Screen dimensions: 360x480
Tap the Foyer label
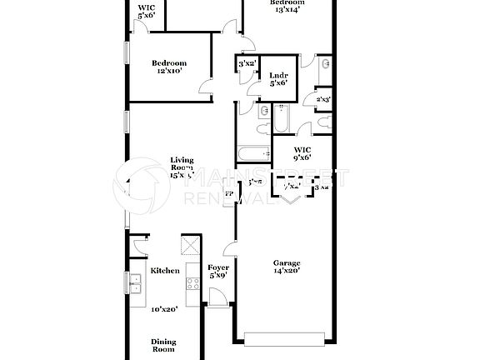(218, 266)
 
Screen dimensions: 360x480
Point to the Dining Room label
(163, 345)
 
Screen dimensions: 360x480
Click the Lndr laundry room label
(278, 76)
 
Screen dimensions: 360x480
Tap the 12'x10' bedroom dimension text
(168, 71)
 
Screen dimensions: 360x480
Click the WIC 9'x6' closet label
(302, 152)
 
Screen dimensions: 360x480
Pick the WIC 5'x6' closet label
(146, 11)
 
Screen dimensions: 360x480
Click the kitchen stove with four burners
(192, 283)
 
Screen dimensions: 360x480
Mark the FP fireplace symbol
(229, 193)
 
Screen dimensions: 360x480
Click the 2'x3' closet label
(323, 100)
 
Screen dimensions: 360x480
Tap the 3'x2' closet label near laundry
(247, 64)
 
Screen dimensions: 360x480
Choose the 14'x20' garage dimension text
(287, 270)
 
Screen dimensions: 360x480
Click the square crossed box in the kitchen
(188, 246)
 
